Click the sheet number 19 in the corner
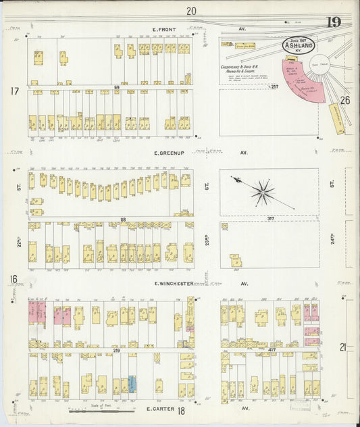333,23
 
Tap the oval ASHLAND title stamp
298,45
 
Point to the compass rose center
263,192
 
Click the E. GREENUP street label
168,153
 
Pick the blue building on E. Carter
132,384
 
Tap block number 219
115,350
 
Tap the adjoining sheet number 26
344,101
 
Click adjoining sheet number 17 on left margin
13,91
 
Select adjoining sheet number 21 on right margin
344,347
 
